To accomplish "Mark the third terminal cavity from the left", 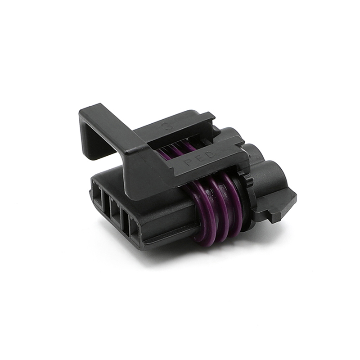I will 120,214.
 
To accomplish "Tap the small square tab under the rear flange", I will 275,216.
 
